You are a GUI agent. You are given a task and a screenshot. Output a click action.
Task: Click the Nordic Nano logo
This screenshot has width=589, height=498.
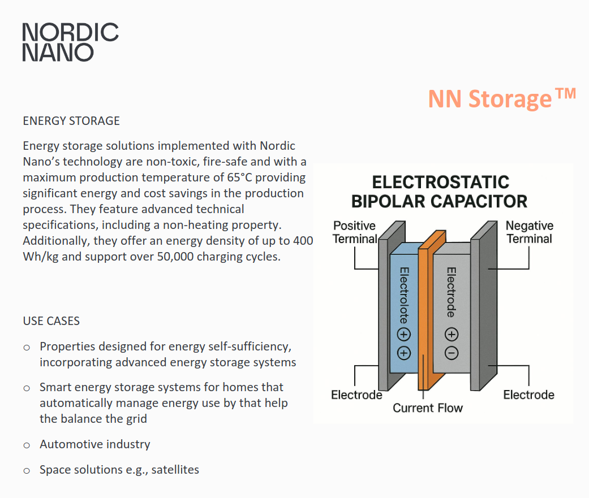pyautogui.click(x=70, y=42)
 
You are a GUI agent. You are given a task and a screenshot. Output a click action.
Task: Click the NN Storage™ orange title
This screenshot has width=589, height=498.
pyautogui.click(x=501, y=98)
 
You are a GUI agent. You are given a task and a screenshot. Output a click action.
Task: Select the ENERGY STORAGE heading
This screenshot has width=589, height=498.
pyautogui.click(x=71, y=121)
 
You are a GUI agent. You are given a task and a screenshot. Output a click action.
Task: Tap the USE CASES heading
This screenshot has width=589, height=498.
pyautogui.click(x=51, y=321)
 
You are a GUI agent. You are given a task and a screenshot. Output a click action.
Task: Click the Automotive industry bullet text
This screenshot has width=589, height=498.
pyautogui.click(x=95, y=444)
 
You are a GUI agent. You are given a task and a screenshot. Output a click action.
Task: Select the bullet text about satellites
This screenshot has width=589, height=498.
pyautogui.click(x=119, y=470)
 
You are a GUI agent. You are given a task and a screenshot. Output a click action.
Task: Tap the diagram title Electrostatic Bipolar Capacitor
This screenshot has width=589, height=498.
pyautogui.click(x=440, y=192)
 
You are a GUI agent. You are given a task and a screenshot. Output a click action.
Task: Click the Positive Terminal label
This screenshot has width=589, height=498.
pyautogui.click(x=355, y=232)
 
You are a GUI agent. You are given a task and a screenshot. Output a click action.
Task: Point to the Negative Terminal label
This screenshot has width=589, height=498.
pyautogui.click(x=529, y=232)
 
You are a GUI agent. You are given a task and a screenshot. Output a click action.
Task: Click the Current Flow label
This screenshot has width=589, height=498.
pyautogui.click(x=428, y=408)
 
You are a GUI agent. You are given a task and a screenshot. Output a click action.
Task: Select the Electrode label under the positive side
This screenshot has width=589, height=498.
pyautogui.click(x=356, y=395)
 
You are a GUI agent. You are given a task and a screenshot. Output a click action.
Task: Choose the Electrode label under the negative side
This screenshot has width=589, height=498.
pyautogui.click(x=528, y=395)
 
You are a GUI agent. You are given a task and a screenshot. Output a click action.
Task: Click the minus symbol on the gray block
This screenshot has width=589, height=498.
pyautogui.click(x=452, y=353)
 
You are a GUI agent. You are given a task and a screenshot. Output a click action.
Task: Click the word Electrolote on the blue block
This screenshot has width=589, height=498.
pyautogui.click(x=405, y=294)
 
